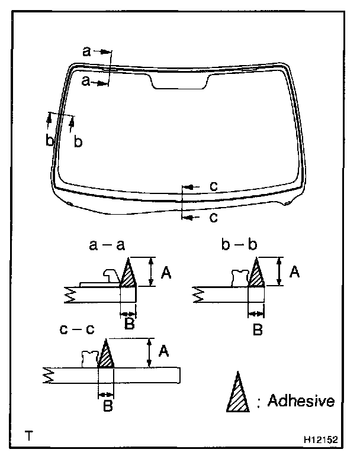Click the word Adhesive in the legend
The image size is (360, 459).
point(301,401)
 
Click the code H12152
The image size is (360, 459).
point(321,440)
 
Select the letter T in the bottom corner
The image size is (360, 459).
point(28,438)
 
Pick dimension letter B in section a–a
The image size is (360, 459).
point(129,324)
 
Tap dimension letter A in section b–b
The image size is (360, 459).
point(294,272)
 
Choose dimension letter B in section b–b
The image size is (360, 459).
point(257,329)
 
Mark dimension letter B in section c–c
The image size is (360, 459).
point(107,407)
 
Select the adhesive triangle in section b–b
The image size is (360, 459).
point(256,275)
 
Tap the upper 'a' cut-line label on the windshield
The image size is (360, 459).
point(86,52)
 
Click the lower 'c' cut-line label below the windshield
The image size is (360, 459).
point(214,217)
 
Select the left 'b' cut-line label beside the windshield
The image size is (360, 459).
point(50,141)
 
